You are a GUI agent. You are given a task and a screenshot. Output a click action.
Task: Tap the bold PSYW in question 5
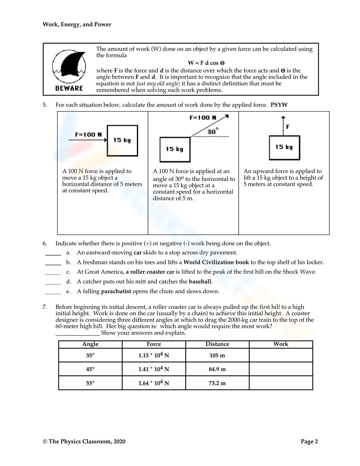279,105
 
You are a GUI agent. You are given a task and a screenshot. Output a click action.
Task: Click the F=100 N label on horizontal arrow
89,135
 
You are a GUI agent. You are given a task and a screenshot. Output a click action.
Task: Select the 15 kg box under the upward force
284,147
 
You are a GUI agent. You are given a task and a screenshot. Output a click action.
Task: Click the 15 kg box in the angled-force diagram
175,149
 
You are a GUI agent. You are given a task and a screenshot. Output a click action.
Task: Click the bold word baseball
200,282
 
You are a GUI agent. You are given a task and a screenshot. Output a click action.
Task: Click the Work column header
281,344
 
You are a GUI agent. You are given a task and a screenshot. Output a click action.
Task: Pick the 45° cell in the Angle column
90,369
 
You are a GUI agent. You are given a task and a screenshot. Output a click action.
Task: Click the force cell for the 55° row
154,383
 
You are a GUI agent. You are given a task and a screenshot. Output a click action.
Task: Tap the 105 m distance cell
217,355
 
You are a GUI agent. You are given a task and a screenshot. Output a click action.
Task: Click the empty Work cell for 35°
281,355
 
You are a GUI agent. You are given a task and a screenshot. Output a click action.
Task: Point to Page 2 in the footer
309,442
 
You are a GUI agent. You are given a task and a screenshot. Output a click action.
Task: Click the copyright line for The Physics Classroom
84,442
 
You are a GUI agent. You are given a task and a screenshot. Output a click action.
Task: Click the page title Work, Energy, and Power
77,24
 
